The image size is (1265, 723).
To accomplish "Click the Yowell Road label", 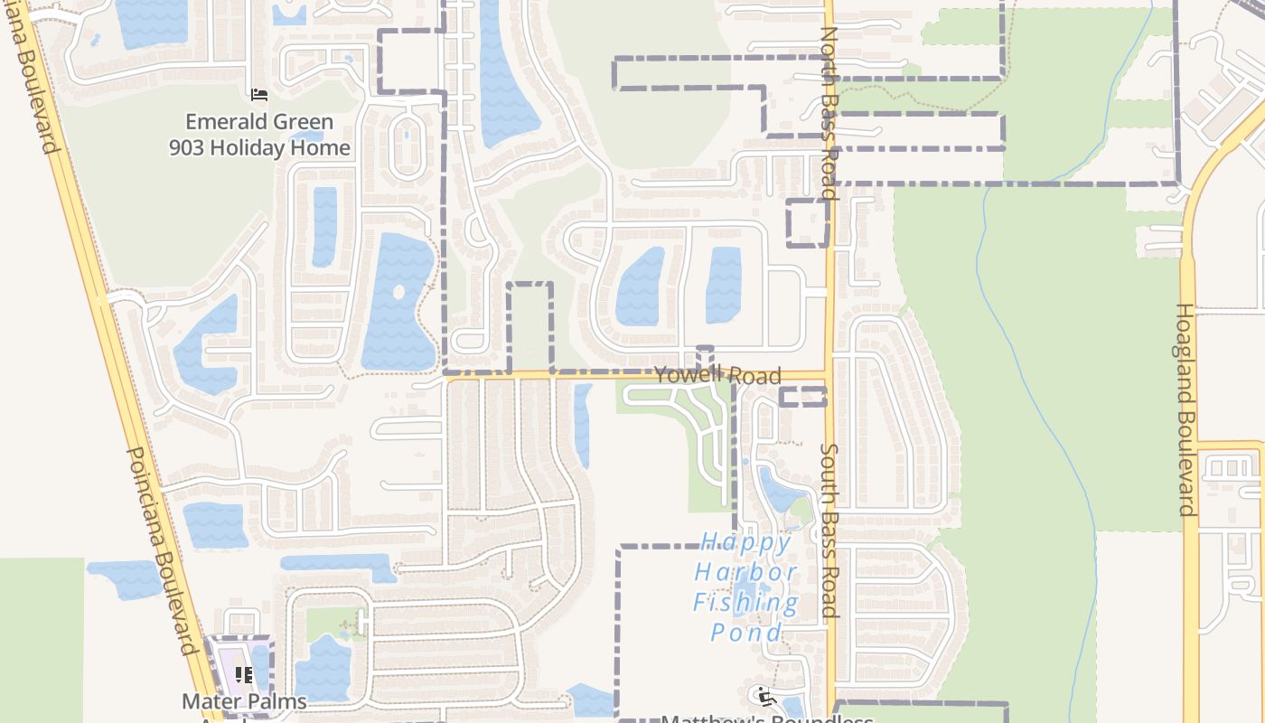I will click(717, 376).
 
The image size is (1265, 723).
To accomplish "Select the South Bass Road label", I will click(829, 530).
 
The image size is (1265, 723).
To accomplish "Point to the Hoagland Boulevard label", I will click(1185, 409).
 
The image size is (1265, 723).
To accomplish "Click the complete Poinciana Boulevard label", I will click(161, 551).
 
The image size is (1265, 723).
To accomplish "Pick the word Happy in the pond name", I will click(746, 542).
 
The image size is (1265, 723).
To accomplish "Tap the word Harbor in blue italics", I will click(746, 572).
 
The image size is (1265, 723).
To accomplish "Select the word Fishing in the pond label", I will click(746, 602).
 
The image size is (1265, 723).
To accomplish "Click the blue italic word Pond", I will click(746, 632).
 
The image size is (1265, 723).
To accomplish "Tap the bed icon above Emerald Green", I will click(259, 94).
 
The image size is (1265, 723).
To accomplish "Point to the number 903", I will click(187, 148).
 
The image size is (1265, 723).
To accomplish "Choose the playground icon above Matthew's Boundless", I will click(766, 697).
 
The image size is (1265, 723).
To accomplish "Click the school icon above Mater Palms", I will click(243, 675).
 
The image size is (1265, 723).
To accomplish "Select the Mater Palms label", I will click(244, 701).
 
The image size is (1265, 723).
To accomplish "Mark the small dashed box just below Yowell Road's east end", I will click(803, 397).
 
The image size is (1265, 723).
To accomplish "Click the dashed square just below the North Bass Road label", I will click(807, 223).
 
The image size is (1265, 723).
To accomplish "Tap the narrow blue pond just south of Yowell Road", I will click(583, 425).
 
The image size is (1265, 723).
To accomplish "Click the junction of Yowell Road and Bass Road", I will click(829, 375).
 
